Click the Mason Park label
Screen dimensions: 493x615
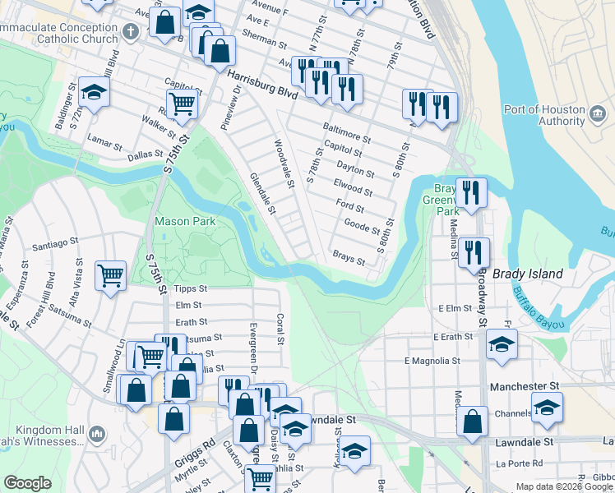coord(185,221)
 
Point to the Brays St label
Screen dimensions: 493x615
coord(348,258)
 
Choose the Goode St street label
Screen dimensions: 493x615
coord(362,226)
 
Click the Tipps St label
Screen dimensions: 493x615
coord(191,289)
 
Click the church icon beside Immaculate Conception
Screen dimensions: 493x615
coord(129,32)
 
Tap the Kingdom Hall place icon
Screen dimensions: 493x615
coord(97,432)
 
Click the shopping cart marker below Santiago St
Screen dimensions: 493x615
coord(110,275)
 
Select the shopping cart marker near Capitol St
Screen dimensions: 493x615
coord(182,104)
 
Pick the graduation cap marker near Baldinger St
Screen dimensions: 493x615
coord(95,94)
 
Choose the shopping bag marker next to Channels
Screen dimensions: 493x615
coord(473,422)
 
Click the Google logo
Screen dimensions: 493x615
coord(27,482)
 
